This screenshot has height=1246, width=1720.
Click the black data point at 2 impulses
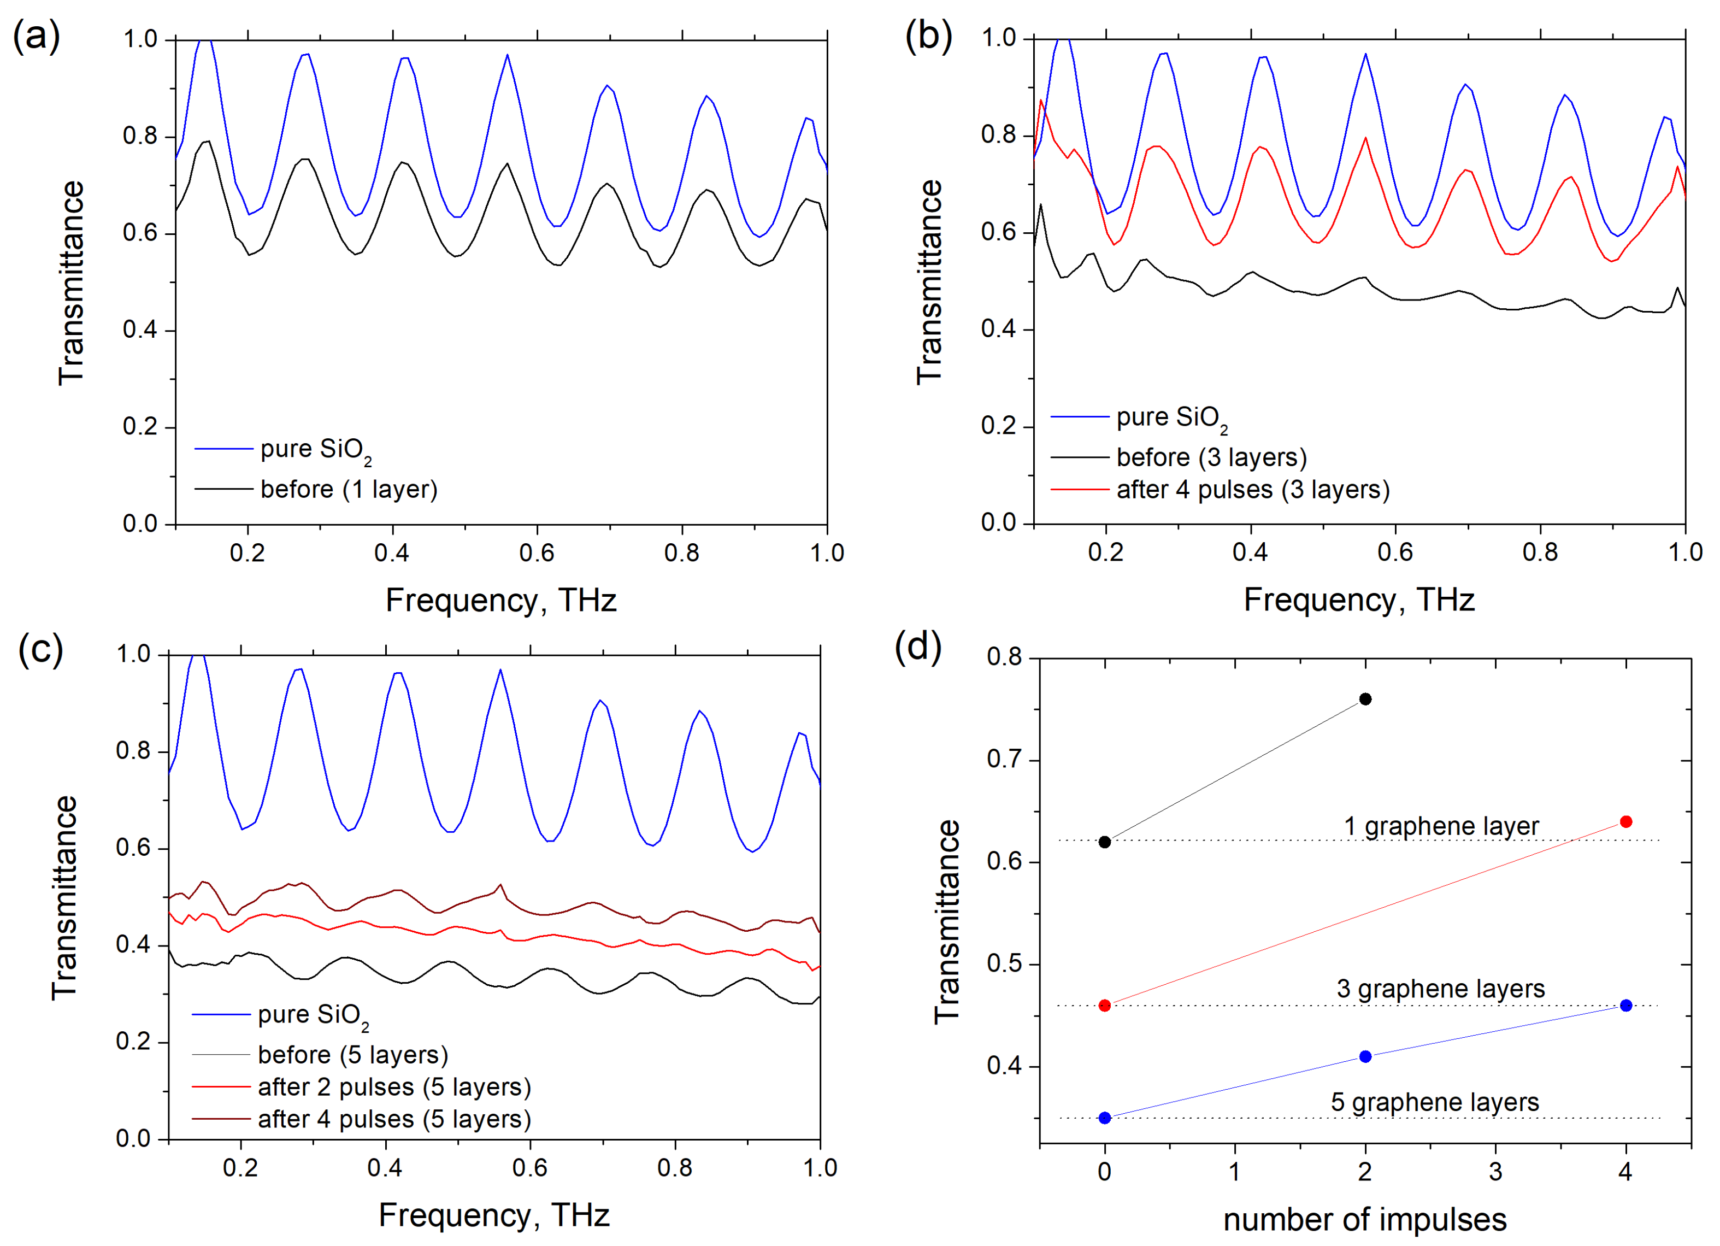point(1365,699)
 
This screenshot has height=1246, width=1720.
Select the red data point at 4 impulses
point(1625,822)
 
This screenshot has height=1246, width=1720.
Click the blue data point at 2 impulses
point(1365,1056)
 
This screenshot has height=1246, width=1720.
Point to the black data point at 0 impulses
point(1105,842)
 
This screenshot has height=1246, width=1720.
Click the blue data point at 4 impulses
point(1625,1006)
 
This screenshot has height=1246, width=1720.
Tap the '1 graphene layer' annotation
point(1441,826)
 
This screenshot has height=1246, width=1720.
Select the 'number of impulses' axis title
point(1364,1219)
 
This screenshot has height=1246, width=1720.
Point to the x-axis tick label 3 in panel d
point(1495,1172)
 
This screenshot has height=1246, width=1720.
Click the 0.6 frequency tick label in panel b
point(1395,552)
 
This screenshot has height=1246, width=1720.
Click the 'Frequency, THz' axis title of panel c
point(494,1215)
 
